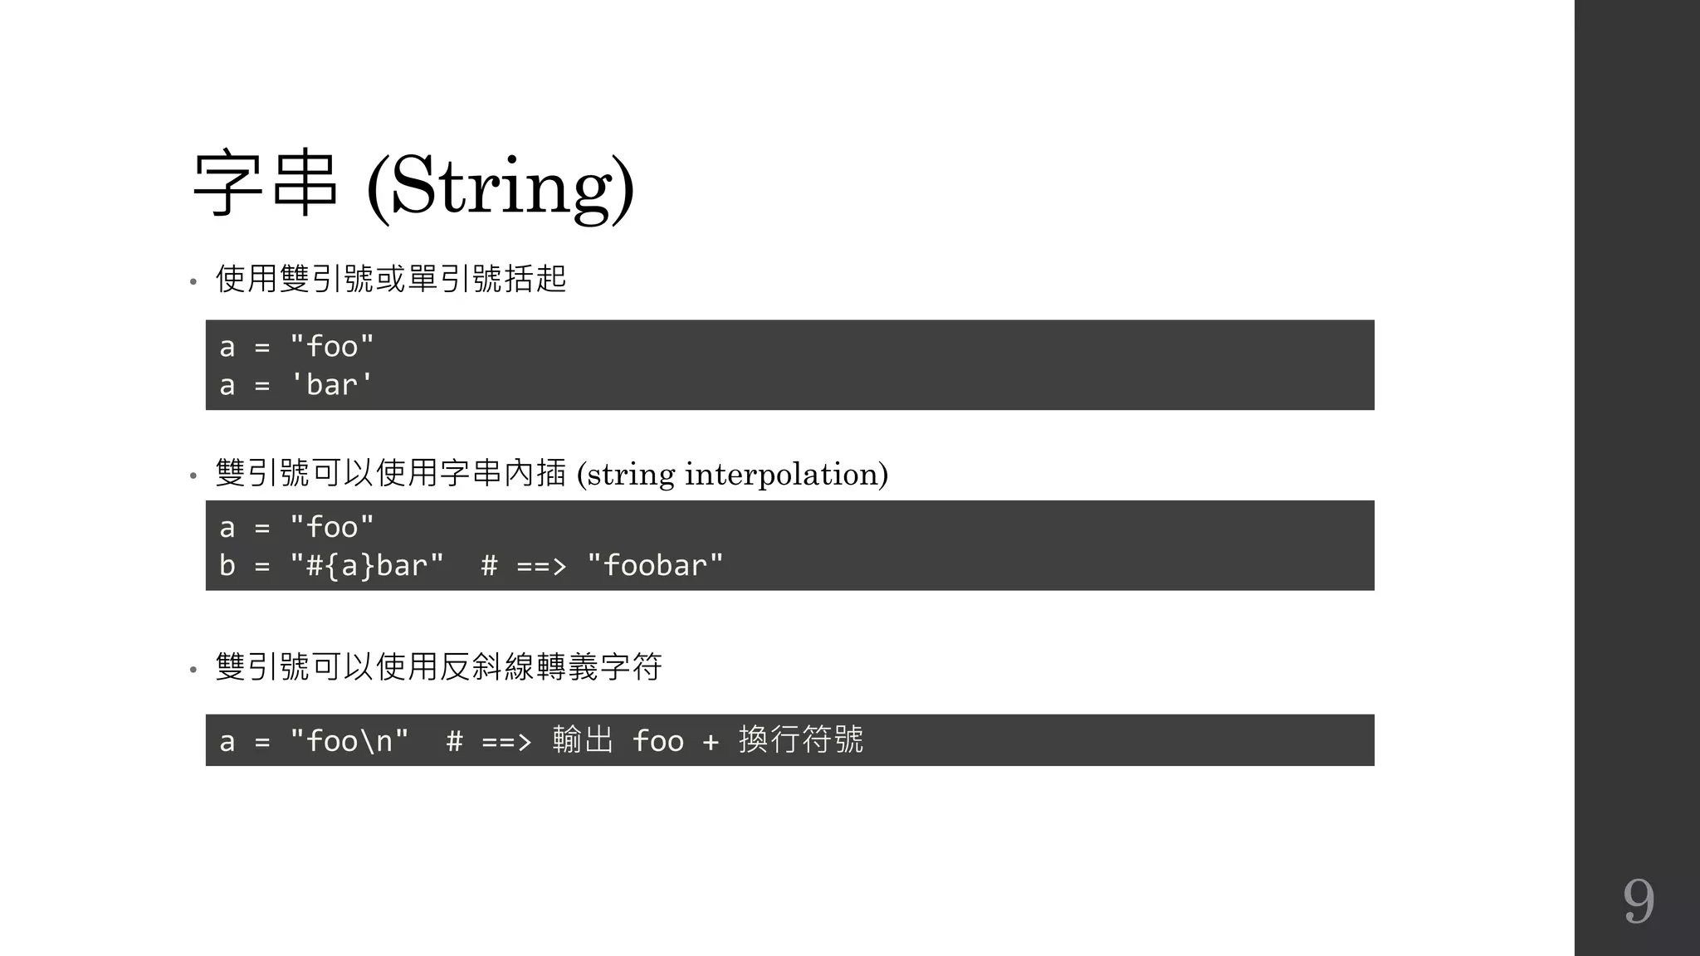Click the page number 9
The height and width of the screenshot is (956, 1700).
[x=1639, y=901]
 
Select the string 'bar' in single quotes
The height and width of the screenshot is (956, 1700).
[x=332, y=385]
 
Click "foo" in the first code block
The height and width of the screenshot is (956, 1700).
[x=332, y=347]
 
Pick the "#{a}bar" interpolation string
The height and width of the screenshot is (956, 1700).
[x=367, y=566]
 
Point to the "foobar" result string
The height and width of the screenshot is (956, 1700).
[x=655, y=566]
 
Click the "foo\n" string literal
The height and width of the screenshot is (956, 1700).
[x=349, y=741]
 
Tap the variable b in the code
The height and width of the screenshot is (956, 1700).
[x=227, y=566]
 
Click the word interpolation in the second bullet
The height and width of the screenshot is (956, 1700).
[x=786, y=475]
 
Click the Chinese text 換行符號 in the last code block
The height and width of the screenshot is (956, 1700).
[x=801, y=739]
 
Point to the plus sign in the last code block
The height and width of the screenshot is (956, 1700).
[x=711, y=741]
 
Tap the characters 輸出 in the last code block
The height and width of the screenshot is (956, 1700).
[x=583, y=739]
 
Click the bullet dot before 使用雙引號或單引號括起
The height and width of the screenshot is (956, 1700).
[x=193, y=282]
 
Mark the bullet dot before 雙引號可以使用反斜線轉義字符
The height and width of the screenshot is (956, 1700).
[x=193, y=670]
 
